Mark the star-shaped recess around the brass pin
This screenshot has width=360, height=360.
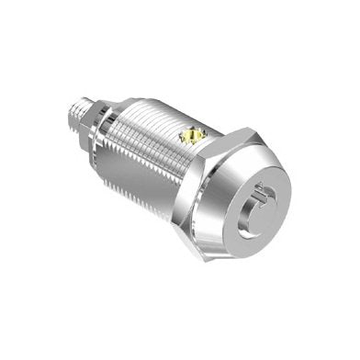190,139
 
